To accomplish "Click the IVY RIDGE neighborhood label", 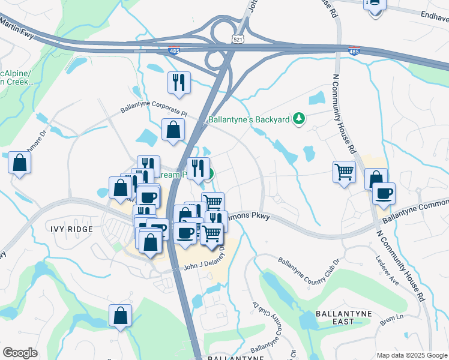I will pyautogui.click(x=71, y=229).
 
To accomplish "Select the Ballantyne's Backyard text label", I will pyautogui.click(x=249, y=119).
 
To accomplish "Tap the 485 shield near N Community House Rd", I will pyautogui.click(x=354, y=51).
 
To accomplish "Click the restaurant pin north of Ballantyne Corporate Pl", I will pyautogui.click(x=179, y=83).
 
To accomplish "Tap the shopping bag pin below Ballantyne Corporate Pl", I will pyautogui.click(x=173, y=130).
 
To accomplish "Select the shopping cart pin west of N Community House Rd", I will pyautogui.click(x=344, y=172).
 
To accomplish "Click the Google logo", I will pyautogui.click(x=20, y=352).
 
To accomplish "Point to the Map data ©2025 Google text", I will pyautogui.click(x=412, y=355).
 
